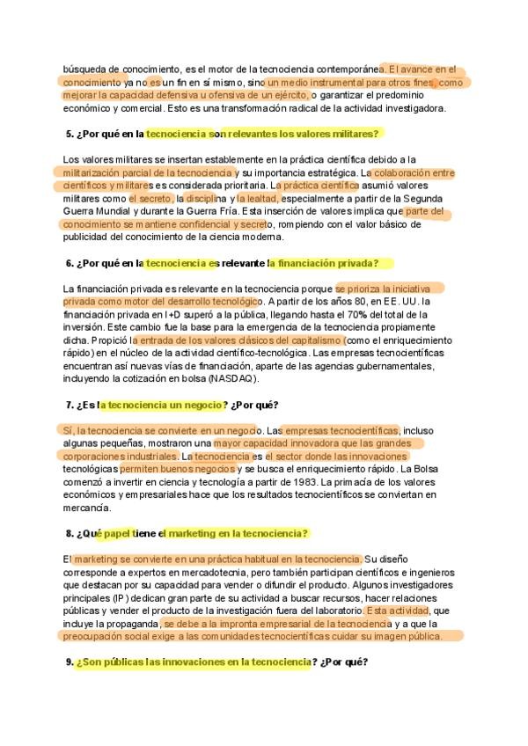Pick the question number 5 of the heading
[70, 134]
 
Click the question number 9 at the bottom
[70, 661]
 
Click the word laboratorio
[333, 611]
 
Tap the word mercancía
[87, 508]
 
